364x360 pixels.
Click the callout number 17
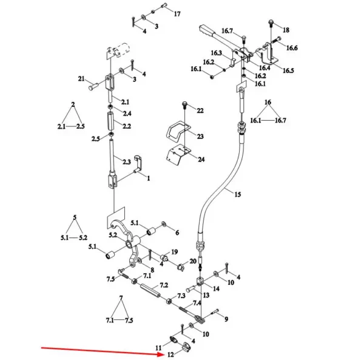pyautogui.click(x=177, y=13)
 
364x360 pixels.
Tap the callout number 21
pyautogui.click(x=81, y=80)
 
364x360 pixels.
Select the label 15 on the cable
pyautogui.click(x=237, y=194)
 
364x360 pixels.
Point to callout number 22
pyautogui.click(x=200, y=111)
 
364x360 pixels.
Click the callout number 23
pyautogui.click(x=200, y=137)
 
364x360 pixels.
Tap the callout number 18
pyautogui.click(x=286, y=30)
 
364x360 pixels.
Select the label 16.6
pyautogui.click(x=291, y=48)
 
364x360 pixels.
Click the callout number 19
pyautogui.click(x=174, y=251)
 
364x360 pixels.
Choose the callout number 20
pyautogui.click(x=193, y=261)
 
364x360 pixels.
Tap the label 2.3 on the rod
pyautogui.click(x=126, y=161)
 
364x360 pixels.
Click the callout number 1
pyautogui.click(x=147, y=180)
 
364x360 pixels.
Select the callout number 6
pyautogui.click(x=177, y=233)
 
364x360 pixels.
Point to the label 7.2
pyautogui.click(x=164, y=285)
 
